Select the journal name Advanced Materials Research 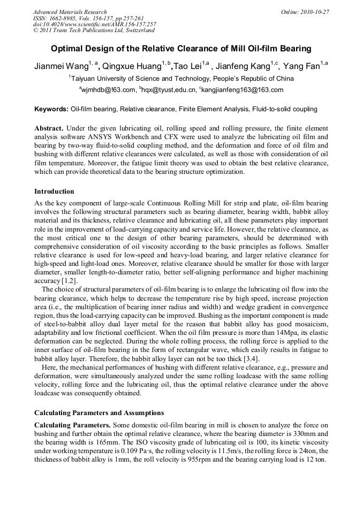70,12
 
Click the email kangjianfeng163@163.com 243,90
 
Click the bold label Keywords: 51,109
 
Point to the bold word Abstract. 49,129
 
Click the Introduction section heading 54,191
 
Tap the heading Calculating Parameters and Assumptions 99,412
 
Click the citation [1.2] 70,281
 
